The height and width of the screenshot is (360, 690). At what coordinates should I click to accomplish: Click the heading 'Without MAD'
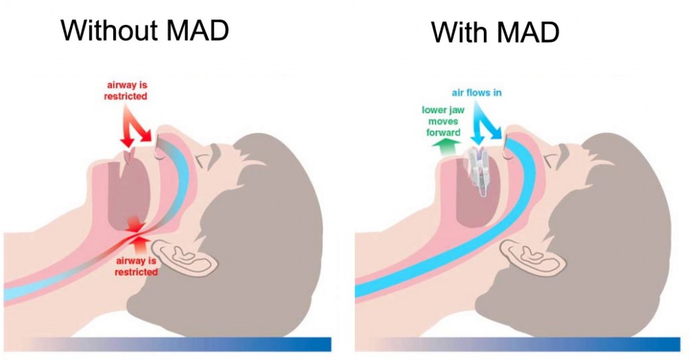tap(145, 30)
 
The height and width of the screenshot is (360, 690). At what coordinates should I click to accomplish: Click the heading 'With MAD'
tap(495, 32)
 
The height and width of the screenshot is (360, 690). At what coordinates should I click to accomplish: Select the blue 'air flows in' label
tap(477, 93)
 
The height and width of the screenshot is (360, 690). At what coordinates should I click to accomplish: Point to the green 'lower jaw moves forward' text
tap(442, 121)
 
